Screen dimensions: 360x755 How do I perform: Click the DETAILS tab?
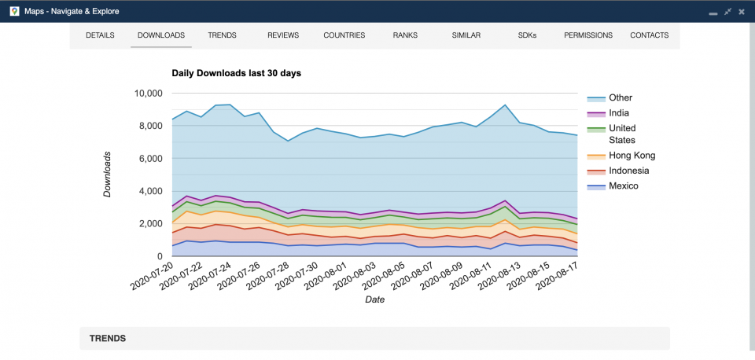100,35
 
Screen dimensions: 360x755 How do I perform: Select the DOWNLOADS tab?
160,35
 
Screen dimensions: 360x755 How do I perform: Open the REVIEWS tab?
283,35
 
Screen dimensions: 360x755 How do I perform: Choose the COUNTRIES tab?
344,35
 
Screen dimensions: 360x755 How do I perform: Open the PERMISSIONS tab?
588,35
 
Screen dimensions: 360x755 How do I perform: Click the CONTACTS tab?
649,35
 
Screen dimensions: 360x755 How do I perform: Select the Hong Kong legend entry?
632,156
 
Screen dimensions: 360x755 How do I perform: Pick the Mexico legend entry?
624,186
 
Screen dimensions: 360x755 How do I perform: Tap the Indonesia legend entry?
629,171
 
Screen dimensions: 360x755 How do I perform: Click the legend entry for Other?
621,98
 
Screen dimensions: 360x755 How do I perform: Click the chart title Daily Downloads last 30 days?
236,73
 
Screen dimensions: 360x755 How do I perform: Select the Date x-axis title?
375,299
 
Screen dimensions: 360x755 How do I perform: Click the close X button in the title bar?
742,12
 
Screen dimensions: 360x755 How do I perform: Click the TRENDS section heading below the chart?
108,339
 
